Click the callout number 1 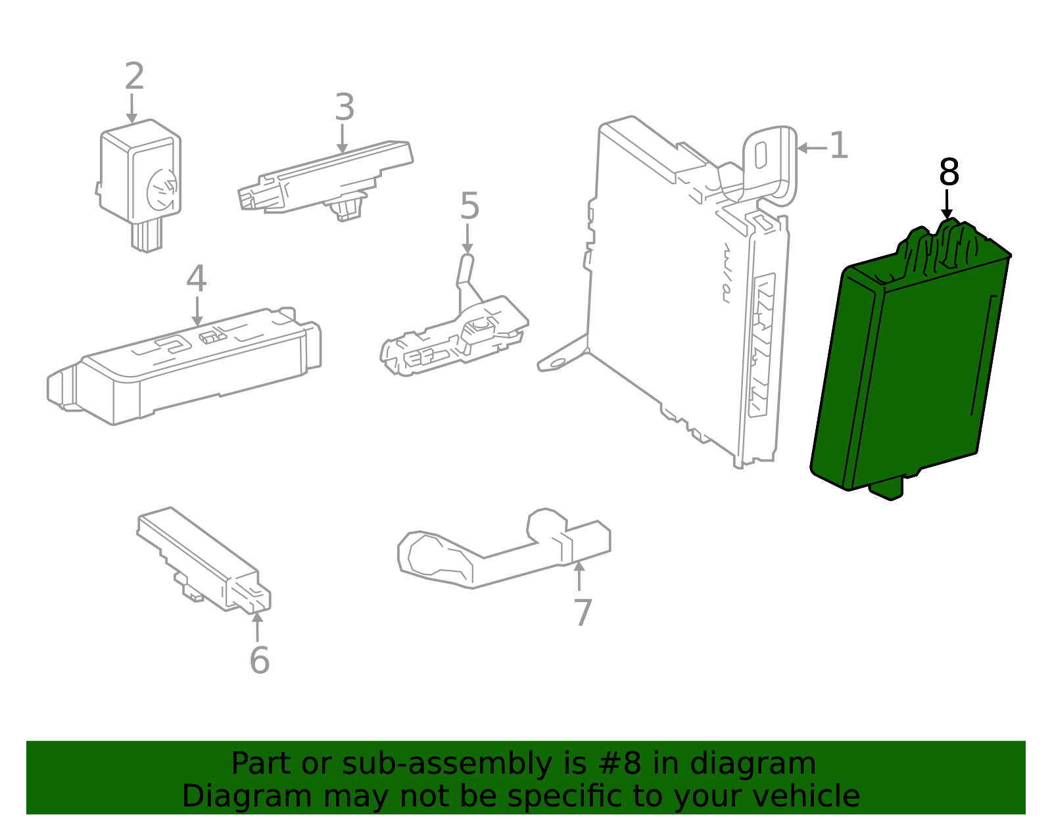point(838,146)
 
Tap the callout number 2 point(134,77)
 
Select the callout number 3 point(345,107)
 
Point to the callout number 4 point(196,279)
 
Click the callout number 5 point(469,206)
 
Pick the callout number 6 point(259,660)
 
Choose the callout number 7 point(583,613)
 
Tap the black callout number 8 point(949,172)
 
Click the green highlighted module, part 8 point(914,368)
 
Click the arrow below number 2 point(132,109)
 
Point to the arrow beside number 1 point(811,148)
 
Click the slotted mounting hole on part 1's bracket point(760,156)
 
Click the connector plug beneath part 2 point(146,237)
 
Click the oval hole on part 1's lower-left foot point(558,362)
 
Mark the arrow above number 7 point(579,575)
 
